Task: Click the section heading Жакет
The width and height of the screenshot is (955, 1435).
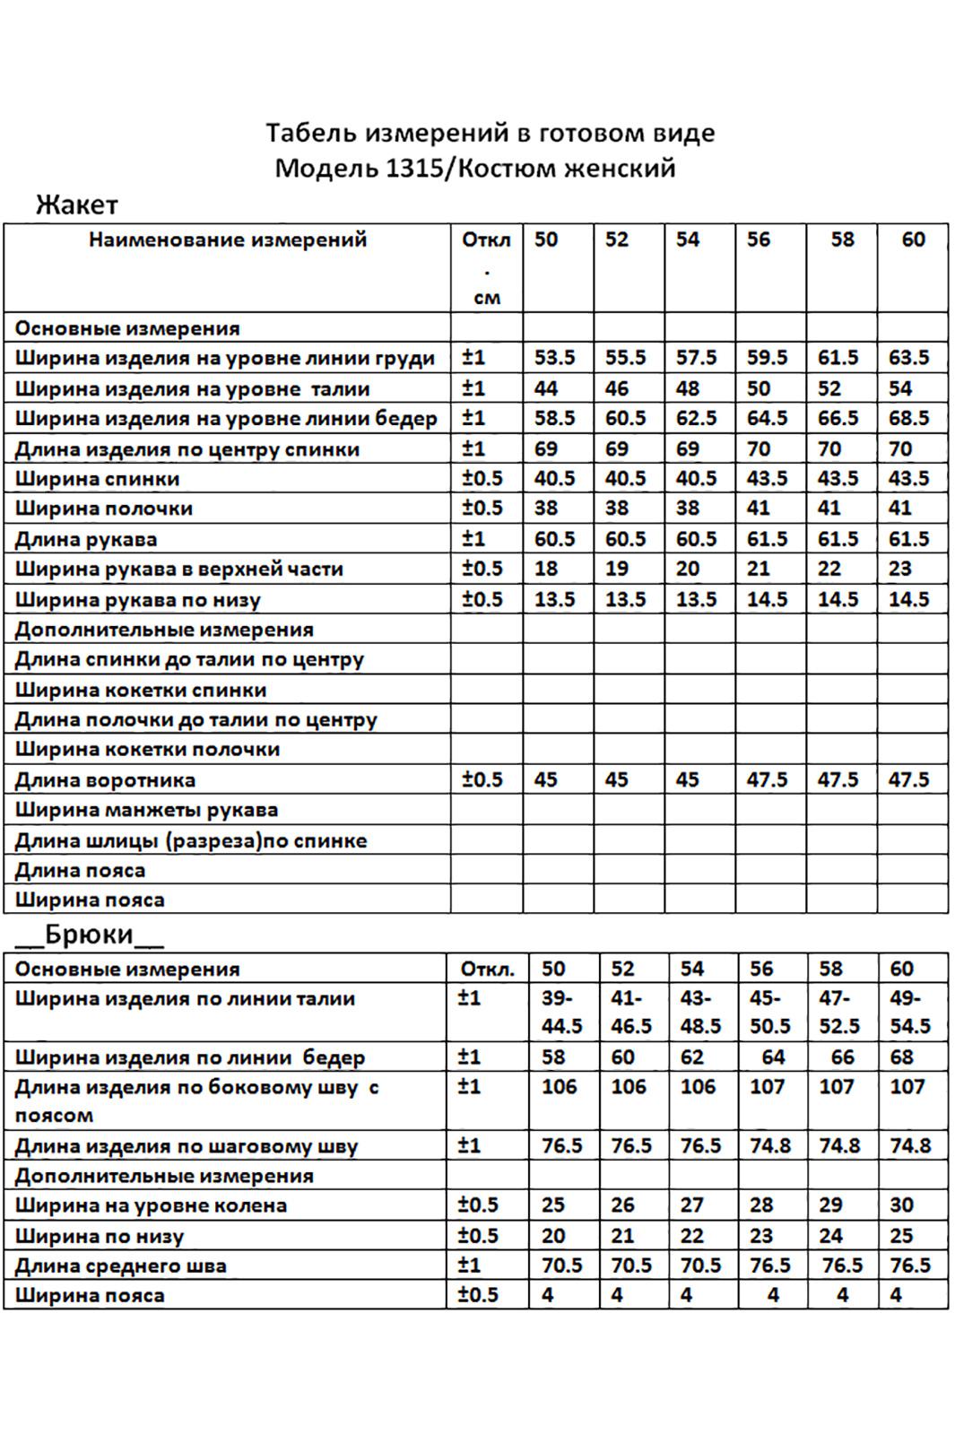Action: point(77,205)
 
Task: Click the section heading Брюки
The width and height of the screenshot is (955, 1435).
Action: point(90,935)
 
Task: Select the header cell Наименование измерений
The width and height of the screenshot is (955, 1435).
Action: point(228,239)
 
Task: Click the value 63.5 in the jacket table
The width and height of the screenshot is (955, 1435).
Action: point(908,358)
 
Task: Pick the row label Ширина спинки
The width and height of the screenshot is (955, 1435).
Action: point(97,478)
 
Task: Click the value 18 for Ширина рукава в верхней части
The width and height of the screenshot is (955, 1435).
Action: point(546,569)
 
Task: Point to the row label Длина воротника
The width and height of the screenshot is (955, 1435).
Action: point(105,779)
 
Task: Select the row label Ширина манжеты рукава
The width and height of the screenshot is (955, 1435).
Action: point(146,810)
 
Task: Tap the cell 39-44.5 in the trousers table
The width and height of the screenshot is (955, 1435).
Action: point(561,1012)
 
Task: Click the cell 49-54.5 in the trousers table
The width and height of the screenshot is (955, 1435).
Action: point(910,1012)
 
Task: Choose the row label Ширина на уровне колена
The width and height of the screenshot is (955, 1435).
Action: point(151,1205)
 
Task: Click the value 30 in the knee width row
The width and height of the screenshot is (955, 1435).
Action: point(901,1205)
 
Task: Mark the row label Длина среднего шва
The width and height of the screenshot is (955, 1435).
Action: point(120,1265)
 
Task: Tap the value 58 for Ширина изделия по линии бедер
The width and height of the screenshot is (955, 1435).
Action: point(553,1057)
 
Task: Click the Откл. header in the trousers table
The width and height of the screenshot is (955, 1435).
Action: point(488,969)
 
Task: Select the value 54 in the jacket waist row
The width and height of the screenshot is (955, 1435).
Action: point(899,388)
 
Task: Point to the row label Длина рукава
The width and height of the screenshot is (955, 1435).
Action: point(86,539)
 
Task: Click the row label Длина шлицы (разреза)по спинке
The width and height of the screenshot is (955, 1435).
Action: point(191,840)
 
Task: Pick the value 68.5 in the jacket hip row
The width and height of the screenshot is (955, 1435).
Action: point(908,418)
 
